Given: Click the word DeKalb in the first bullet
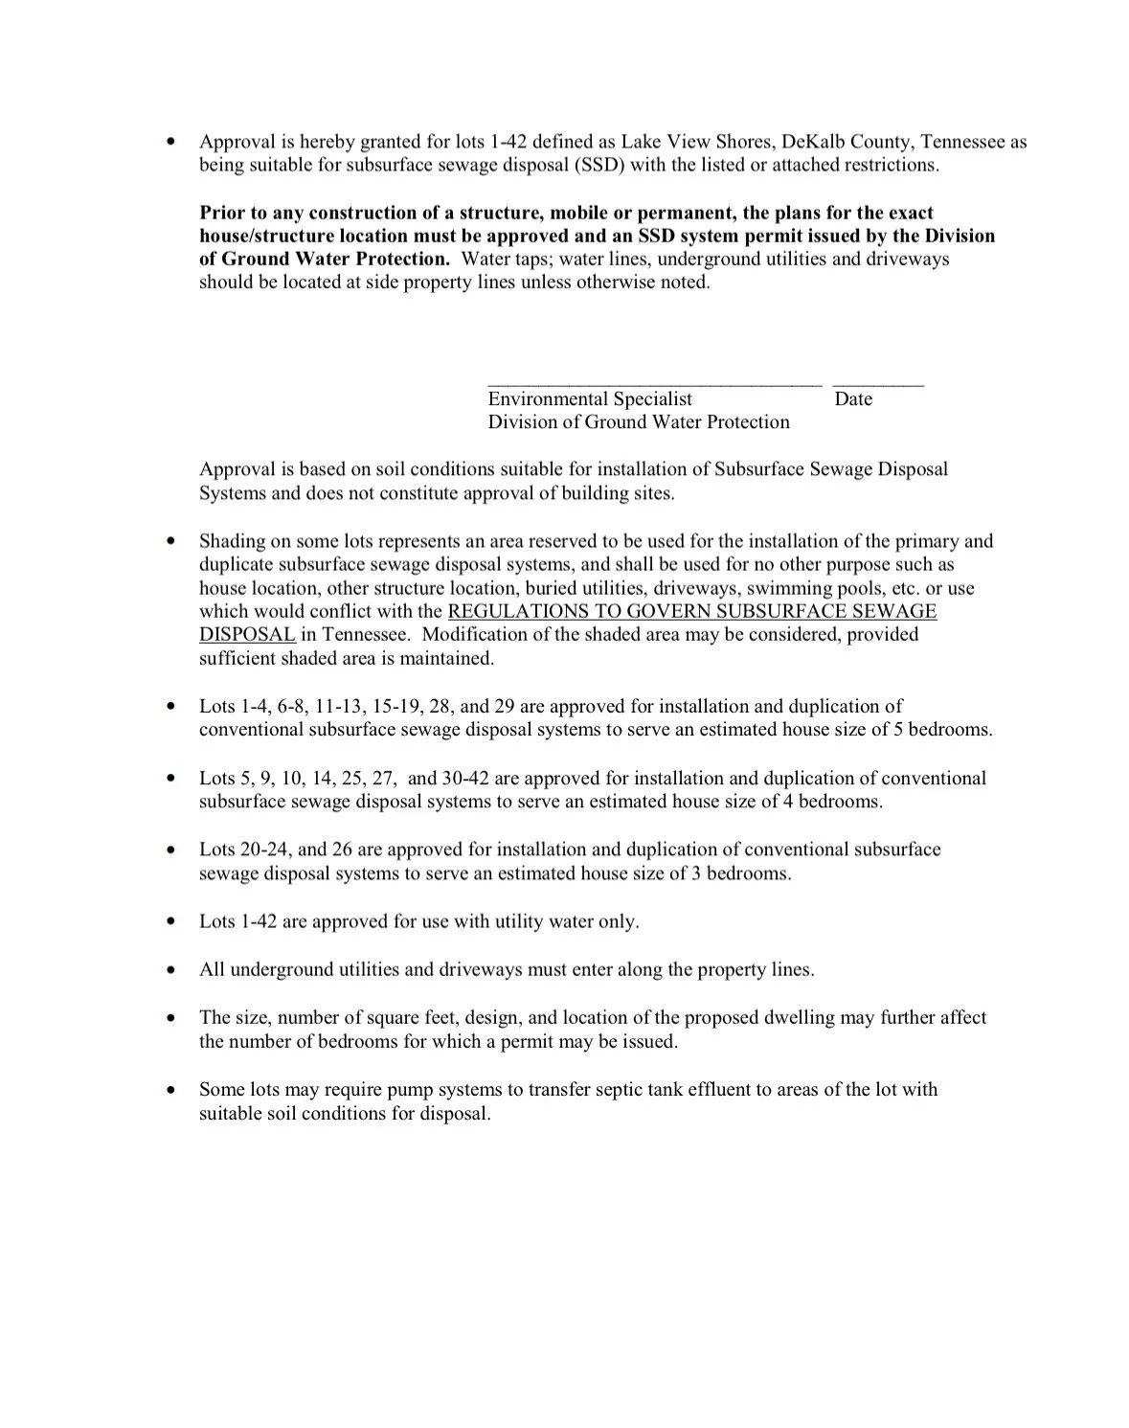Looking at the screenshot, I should pos(813,142).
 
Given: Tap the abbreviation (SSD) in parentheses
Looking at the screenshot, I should pos(599,165).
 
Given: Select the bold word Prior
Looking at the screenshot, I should pos(222,213).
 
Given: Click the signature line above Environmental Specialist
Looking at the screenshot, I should pos(654,385).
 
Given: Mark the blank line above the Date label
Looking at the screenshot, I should pos(878,385).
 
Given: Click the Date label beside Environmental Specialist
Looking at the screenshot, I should pos(853,399).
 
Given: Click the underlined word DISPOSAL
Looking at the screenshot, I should pos(247,634).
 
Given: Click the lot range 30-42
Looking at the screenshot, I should pos(465,779).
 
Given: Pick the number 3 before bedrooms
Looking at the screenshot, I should pos(696,873).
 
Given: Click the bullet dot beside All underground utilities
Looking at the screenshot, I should pos(170,970).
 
